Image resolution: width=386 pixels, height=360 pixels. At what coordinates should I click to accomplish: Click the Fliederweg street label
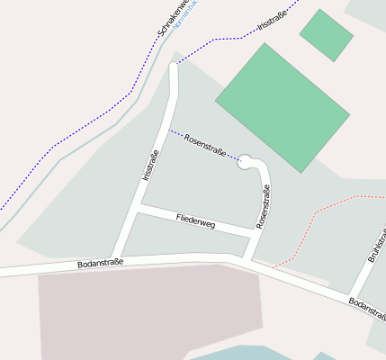click(196, 221)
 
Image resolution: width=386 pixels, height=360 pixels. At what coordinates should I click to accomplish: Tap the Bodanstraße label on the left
click(100, 264)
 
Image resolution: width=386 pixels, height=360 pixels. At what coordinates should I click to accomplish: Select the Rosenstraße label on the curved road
click(264, 206)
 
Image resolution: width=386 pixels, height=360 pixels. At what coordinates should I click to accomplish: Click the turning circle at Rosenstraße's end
click(244, 162)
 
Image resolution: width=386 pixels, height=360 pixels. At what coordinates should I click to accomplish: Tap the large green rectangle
click(282, 106)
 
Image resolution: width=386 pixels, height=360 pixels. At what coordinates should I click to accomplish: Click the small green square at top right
click(326, 35)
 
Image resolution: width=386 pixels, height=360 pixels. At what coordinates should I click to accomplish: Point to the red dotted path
click(315, 213)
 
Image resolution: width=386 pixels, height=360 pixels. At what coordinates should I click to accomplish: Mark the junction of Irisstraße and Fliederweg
click(136, 210)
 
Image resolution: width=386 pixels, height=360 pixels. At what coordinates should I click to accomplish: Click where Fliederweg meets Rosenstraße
click(252, 233)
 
